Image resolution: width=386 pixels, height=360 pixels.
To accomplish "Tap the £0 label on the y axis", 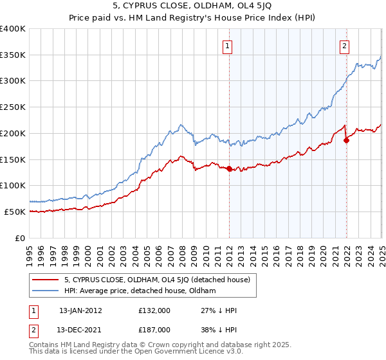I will point(20,238).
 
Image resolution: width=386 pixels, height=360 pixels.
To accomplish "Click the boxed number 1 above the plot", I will point(228,46).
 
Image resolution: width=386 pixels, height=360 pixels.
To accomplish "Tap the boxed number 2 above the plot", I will point(345,46).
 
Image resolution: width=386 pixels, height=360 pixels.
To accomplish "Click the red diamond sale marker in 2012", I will point(230,168).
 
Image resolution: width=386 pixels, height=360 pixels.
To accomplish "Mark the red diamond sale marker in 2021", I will point(346,140).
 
